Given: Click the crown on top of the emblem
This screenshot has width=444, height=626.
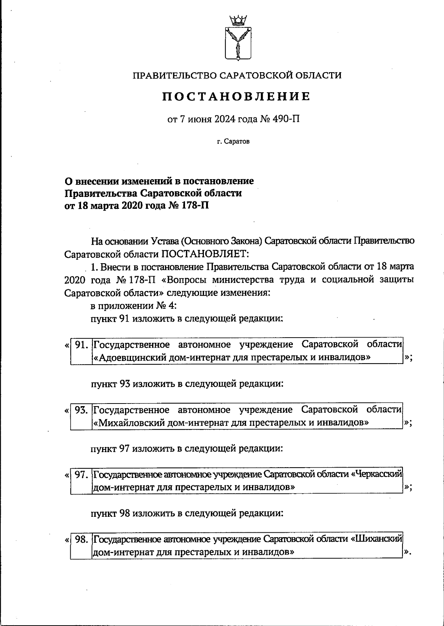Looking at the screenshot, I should point(238,19).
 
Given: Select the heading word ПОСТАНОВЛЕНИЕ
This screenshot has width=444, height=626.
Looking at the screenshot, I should point(236,97).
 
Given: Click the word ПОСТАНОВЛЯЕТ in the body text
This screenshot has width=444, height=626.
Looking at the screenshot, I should point(206,254).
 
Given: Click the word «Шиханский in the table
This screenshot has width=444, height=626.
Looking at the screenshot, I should point(377,539).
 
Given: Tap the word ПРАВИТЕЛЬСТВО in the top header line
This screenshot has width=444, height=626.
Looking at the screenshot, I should point(173,76).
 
